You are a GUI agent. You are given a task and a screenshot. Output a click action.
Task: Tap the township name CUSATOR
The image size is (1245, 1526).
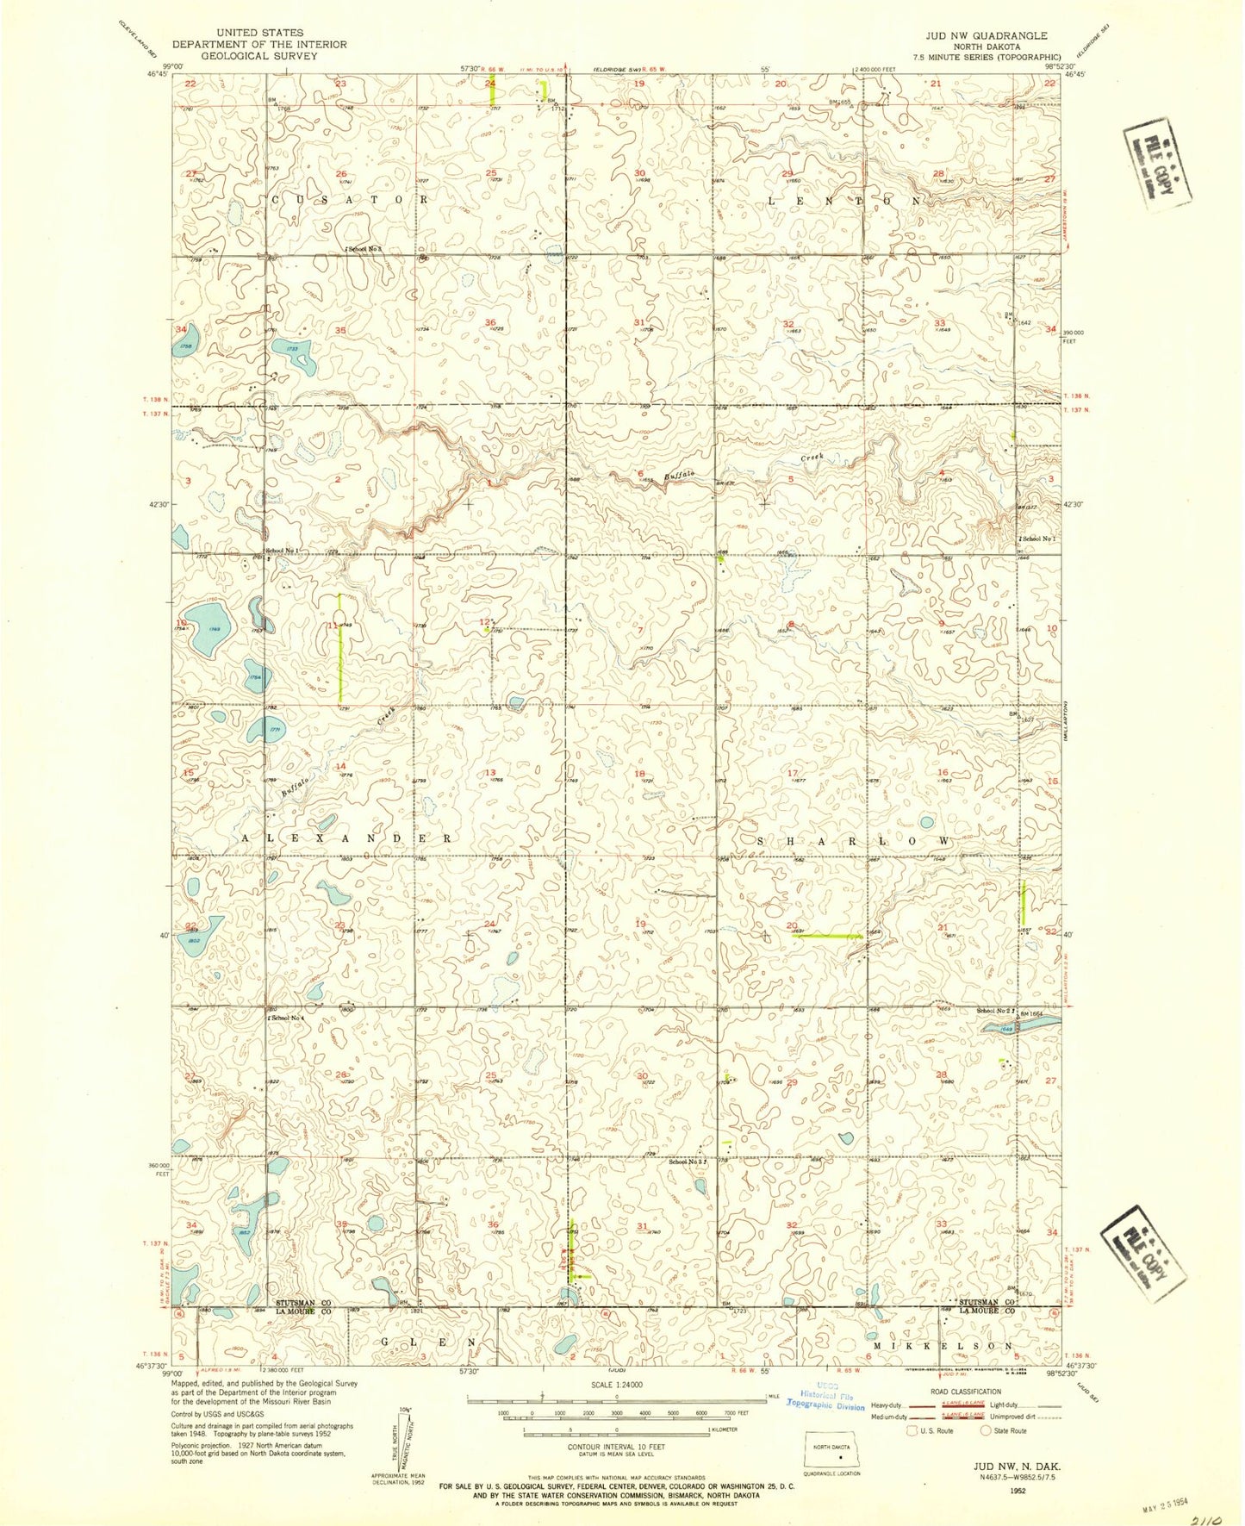point(349,199)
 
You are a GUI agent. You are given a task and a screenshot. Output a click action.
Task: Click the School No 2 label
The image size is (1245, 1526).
point(994,1011)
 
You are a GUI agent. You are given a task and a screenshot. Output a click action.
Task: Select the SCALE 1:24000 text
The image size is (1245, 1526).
point(615,1385)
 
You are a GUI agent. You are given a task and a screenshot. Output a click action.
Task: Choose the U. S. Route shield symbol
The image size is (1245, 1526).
point(912,1430)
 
